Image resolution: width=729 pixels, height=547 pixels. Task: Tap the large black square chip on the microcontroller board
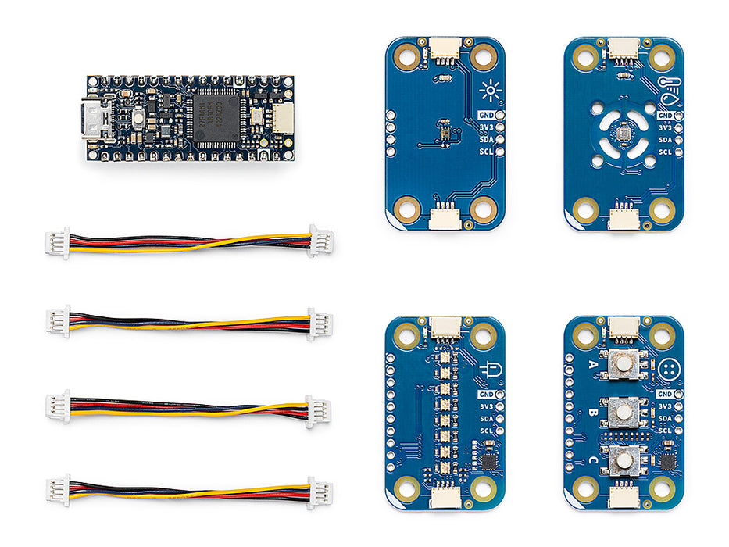tap(216, 118)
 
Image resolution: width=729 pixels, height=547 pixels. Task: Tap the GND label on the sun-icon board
tap(484, 115)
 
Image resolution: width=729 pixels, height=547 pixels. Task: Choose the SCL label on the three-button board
tap(665, 431)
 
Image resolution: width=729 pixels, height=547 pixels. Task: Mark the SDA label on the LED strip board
tap(484, 419)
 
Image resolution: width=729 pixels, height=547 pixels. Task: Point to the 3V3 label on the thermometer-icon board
tap(665, 127)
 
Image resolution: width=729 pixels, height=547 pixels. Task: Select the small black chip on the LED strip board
tap(488, 462)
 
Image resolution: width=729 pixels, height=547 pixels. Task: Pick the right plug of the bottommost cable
tap(319, 493)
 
